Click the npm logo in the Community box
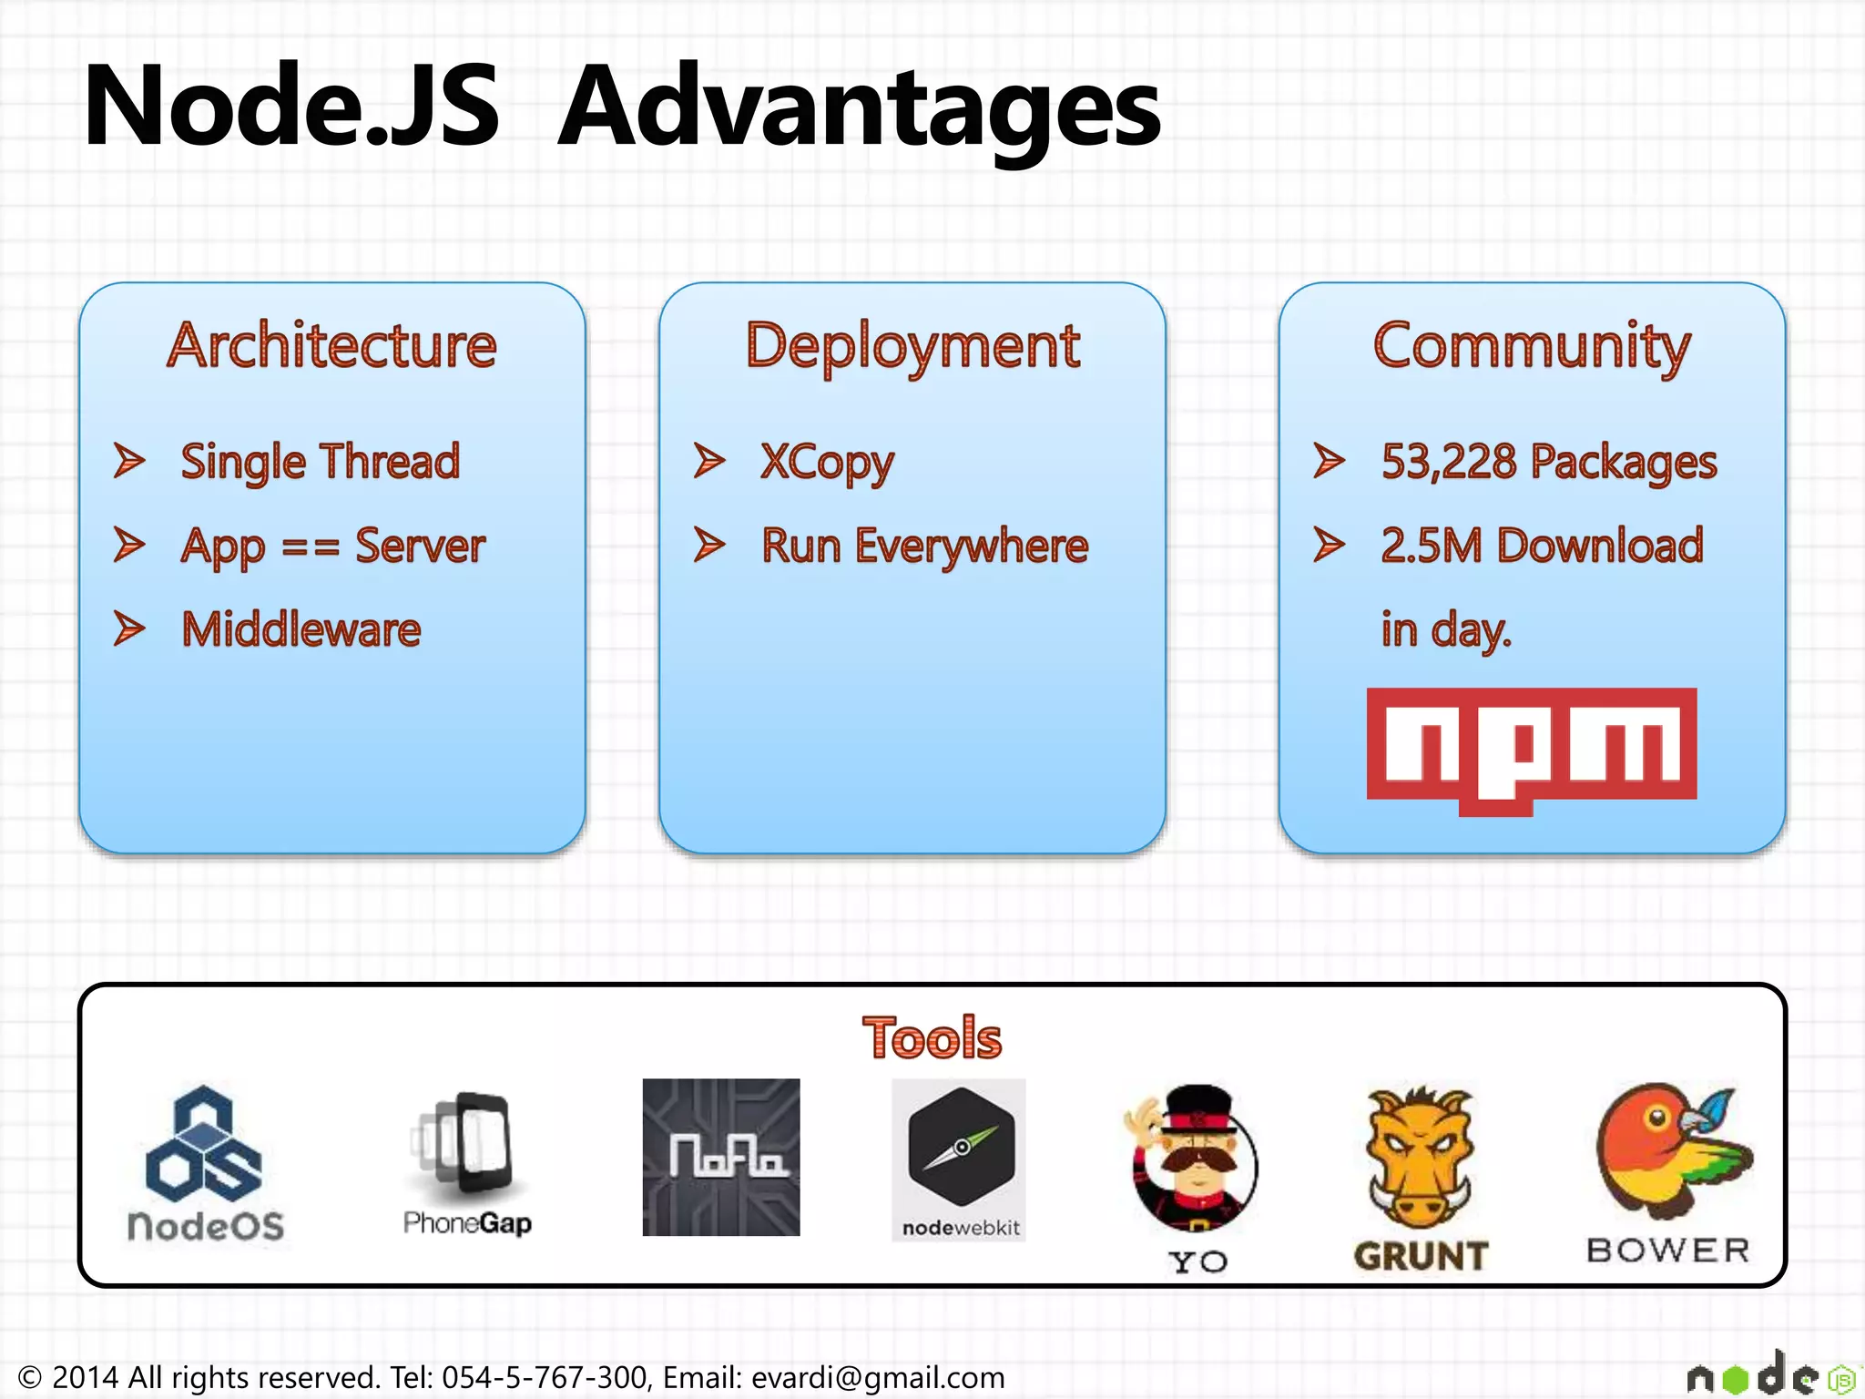1531,749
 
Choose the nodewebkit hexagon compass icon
961,1146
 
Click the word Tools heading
931,1038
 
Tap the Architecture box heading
332,346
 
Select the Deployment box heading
912,346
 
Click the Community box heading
1532,346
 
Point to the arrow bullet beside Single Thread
129,461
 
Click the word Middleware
301,629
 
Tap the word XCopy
827,463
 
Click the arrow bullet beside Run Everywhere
709,545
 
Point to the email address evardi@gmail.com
878,1377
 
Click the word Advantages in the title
859,107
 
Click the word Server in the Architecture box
420,546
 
